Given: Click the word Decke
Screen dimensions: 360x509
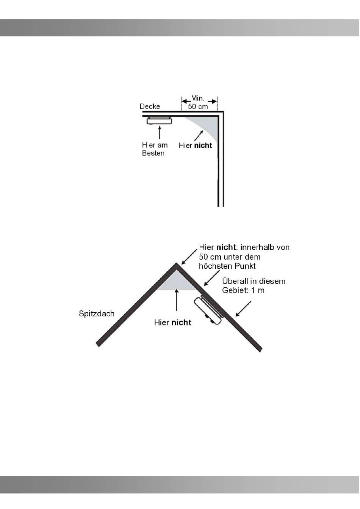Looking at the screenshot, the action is click(x=150, y=106).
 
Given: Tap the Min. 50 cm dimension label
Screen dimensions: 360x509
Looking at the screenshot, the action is click(x=198, y=102).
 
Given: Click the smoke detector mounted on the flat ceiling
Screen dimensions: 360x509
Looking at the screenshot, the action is click(x=159, y=121).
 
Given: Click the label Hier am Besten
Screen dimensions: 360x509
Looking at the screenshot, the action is click(x=154, y=149).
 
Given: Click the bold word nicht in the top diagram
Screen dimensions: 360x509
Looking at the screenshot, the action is click(x=203, y=146).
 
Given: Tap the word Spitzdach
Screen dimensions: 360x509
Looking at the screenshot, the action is click(x=97, y=314).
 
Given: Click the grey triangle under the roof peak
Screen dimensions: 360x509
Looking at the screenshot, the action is click(x=176, y=282).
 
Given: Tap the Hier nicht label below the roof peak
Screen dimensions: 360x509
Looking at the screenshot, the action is click(x=172, y=323).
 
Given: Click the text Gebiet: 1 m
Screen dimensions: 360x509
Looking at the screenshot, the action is click(x=243, y=291).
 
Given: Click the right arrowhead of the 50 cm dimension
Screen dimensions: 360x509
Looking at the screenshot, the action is click(x=214, y=101).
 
